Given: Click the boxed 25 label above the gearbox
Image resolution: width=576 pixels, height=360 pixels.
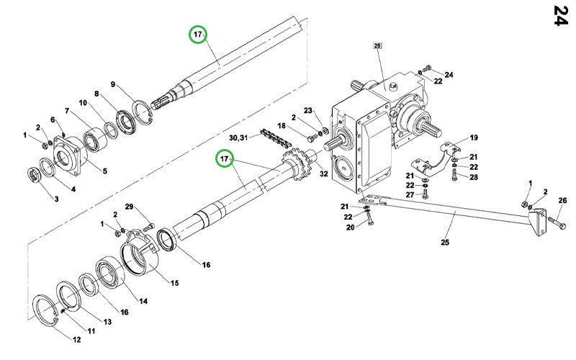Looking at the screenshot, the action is click(x=377, y=45).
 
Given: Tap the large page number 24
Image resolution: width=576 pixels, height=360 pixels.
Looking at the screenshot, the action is click(x=561, y=15).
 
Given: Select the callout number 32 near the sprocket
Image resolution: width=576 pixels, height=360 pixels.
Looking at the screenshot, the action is click(x=323, y=174).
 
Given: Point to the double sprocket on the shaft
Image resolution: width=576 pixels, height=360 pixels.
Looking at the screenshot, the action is click(x=297, y=164).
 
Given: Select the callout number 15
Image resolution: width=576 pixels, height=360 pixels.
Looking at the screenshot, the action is click(x=174, y=283).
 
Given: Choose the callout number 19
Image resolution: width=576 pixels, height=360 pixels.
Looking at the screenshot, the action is click(x=474, y=138).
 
